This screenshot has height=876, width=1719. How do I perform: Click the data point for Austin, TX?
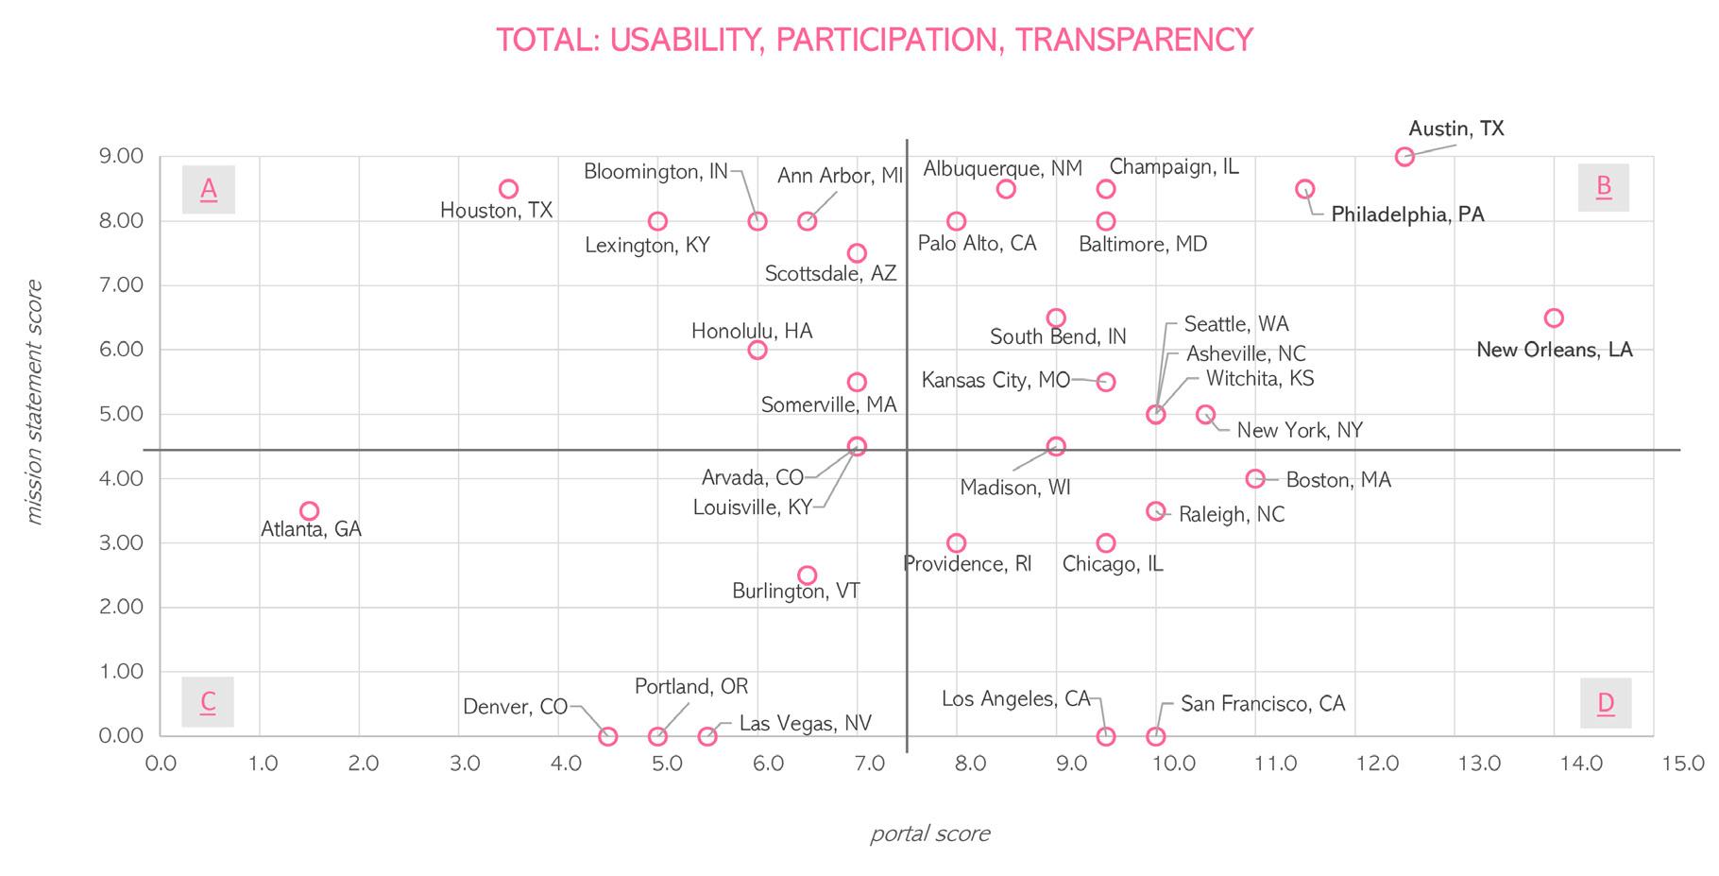pos(1404,157)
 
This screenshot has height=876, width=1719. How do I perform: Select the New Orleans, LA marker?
pos(1554,318)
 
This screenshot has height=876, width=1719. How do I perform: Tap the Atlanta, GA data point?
pos(309,511)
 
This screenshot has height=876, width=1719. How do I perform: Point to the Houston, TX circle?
pos(508,189)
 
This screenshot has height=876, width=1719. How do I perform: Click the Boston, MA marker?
pos(1255,479)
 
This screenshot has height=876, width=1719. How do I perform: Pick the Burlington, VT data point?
pos(807,575)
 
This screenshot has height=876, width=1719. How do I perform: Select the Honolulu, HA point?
pos(757,350)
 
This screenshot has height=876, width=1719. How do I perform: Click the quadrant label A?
pos(209,189)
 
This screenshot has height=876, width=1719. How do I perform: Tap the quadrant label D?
pos(1605,703)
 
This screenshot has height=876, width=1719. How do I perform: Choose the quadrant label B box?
pos(1604,187)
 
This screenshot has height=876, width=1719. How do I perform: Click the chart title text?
pos(875,40)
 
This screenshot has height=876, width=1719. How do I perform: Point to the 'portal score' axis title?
pos(929,833)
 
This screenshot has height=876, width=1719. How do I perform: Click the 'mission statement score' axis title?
pos(35,402)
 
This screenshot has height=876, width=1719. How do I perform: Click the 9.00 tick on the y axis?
pos(121,156)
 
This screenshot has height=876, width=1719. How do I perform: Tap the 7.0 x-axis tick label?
pos(870,763)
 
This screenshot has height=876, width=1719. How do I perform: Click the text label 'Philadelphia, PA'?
pos(1407,215)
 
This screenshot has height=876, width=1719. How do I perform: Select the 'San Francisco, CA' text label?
pos(1263,704)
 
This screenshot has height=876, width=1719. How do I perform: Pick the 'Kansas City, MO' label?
pos(996,381)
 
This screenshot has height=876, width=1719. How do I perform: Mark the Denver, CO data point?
pos(608,736)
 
